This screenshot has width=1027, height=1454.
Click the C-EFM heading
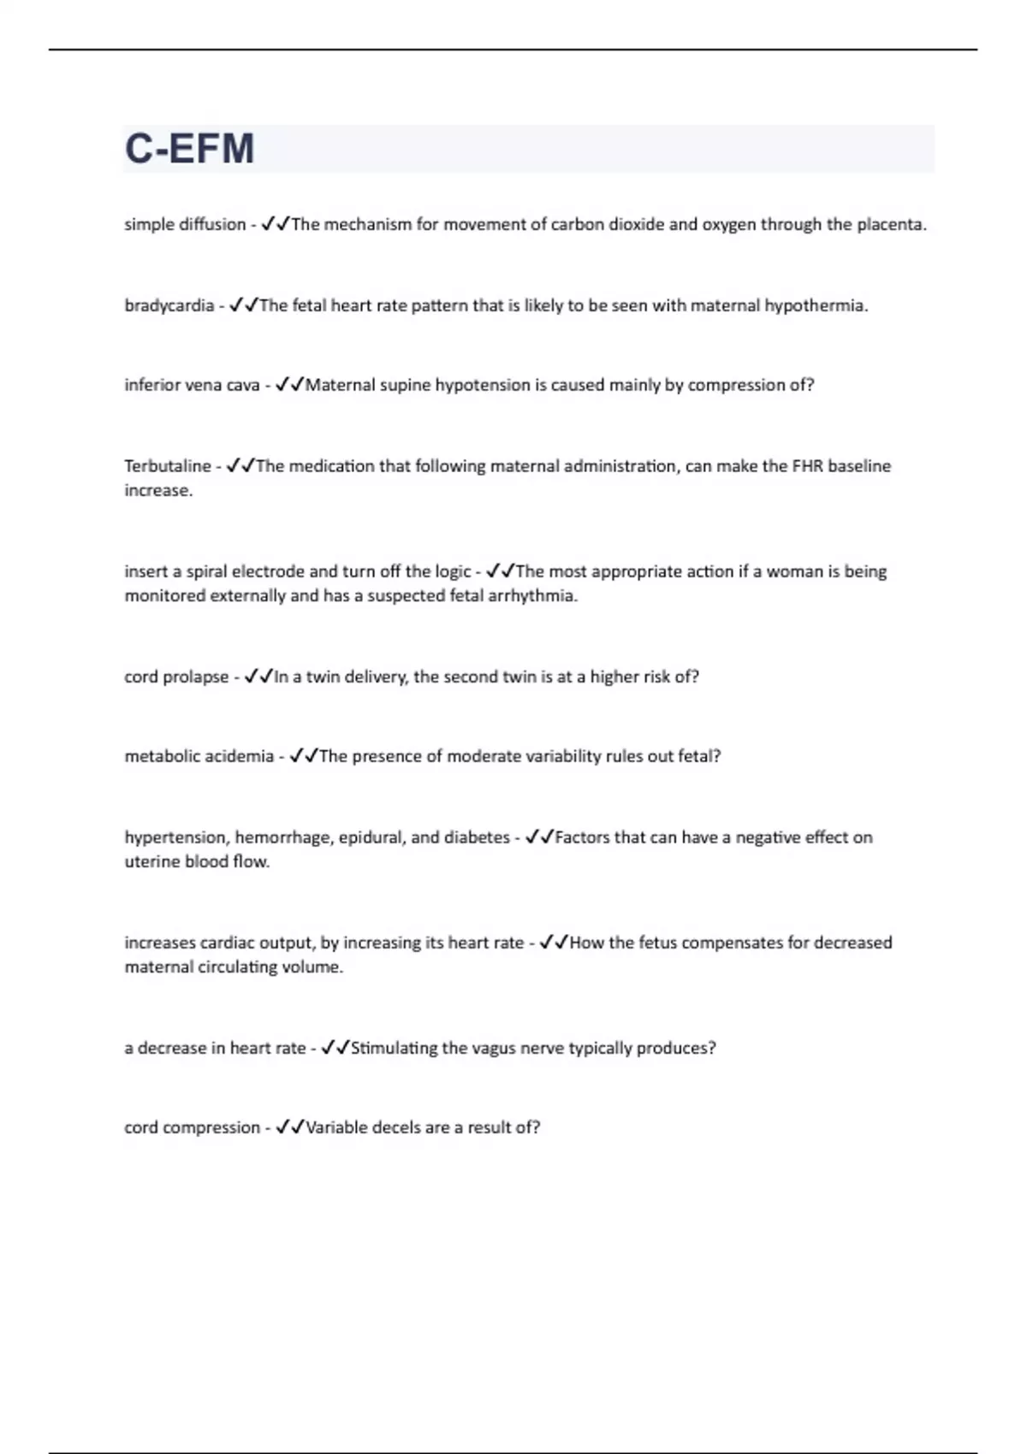(189, 148)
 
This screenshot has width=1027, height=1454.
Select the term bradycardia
(169, 306)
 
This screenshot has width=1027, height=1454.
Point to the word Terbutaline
(167, 466)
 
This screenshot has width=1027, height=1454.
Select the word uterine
(152, 861)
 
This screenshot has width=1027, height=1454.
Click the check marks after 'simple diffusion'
(275, 224)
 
